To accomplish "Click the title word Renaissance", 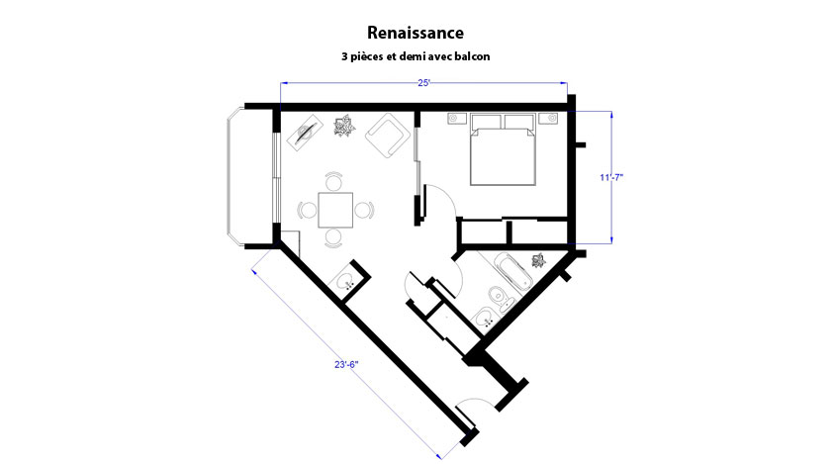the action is [416, 33].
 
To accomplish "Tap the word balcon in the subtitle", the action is [473, 56].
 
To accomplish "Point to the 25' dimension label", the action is [423, 83].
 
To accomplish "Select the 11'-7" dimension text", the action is [611, 177].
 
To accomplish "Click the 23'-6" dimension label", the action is [346, 365].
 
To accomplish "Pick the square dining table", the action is [335, 210].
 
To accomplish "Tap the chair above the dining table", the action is [334, 181].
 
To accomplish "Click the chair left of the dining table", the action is [308, 210].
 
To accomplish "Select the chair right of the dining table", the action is [364, 210].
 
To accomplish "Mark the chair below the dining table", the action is [333, 238].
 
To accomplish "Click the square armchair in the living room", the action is [388, 136].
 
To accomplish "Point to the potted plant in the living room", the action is [344, 126].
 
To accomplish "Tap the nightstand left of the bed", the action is [457, 118].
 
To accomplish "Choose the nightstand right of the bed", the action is [548, 118].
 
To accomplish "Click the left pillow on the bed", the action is [486, 122].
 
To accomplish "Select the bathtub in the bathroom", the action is [512, 272].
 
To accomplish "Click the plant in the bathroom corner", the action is [538, 260].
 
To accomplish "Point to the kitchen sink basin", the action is [346, 280].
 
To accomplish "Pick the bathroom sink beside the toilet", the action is [485, 320].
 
